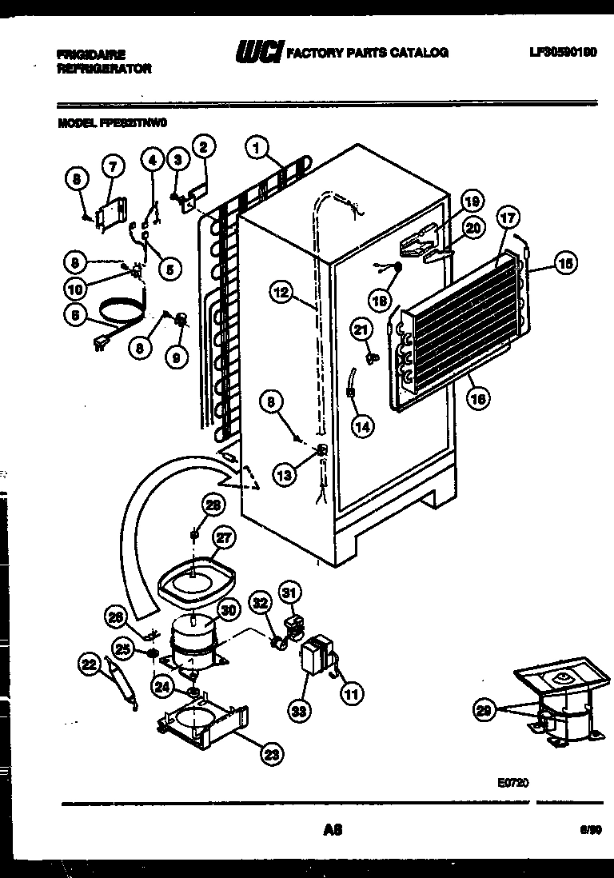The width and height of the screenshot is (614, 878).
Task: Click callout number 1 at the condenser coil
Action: pos(257,147)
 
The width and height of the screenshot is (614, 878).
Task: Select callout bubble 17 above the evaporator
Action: pos(508,217)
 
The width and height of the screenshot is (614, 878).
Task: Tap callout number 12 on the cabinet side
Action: pos(279,293)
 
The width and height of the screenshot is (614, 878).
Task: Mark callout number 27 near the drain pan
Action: pos(222,538)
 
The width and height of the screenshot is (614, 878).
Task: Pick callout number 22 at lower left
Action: pos(89,662)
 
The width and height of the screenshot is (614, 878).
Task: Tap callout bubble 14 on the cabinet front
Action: pos(362,427)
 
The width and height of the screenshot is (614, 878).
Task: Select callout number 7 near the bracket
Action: pos(112,167)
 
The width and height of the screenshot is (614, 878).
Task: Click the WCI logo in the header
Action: pos(257,53)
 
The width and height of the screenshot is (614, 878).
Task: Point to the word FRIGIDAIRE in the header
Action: pos(91,54)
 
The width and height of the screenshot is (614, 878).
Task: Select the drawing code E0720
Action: pos(512,784)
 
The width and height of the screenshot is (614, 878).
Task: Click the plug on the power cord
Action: pos(100,345)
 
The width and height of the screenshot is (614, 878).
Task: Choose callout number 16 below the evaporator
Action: pos(478,397)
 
